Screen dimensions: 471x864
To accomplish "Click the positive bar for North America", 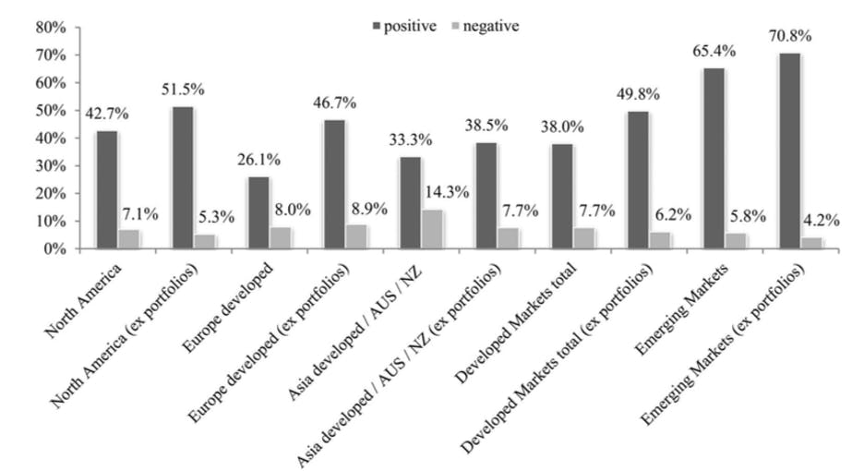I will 107,190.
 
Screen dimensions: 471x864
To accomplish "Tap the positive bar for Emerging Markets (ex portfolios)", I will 789,151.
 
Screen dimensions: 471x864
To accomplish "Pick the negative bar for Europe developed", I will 281,238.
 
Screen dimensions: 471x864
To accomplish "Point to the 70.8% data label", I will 789,37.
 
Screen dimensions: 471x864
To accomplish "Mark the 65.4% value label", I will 714,52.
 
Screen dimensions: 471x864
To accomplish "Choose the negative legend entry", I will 485,26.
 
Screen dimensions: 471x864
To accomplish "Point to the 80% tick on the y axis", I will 51,28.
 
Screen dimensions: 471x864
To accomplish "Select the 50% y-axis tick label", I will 51,111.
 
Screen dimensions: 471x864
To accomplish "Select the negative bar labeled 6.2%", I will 660,240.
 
